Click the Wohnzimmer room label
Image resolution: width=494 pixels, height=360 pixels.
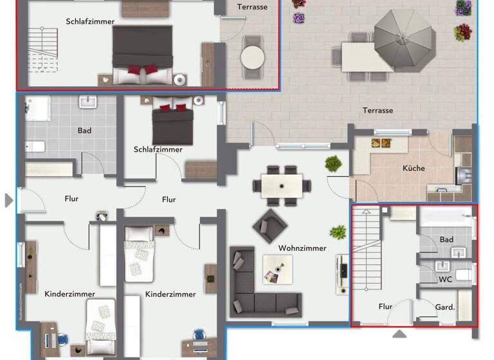302,248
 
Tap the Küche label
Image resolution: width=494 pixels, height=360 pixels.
414,168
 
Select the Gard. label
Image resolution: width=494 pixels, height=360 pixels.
445,307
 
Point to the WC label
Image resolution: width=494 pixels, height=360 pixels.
445,280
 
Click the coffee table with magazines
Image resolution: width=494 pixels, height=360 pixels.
277,269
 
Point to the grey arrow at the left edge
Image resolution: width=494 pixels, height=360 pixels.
8,201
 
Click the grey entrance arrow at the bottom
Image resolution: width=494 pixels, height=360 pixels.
399,334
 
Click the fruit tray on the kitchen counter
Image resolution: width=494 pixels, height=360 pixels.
381,143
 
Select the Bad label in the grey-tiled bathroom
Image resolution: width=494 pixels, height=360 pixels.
84,130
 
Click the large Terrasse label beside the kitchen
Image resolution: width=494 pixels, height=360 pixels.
378,111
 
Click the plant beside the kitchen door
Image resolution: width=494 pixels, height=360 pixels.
333,163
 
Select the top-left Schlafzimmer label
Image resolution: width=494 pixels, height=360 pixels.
90,21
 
